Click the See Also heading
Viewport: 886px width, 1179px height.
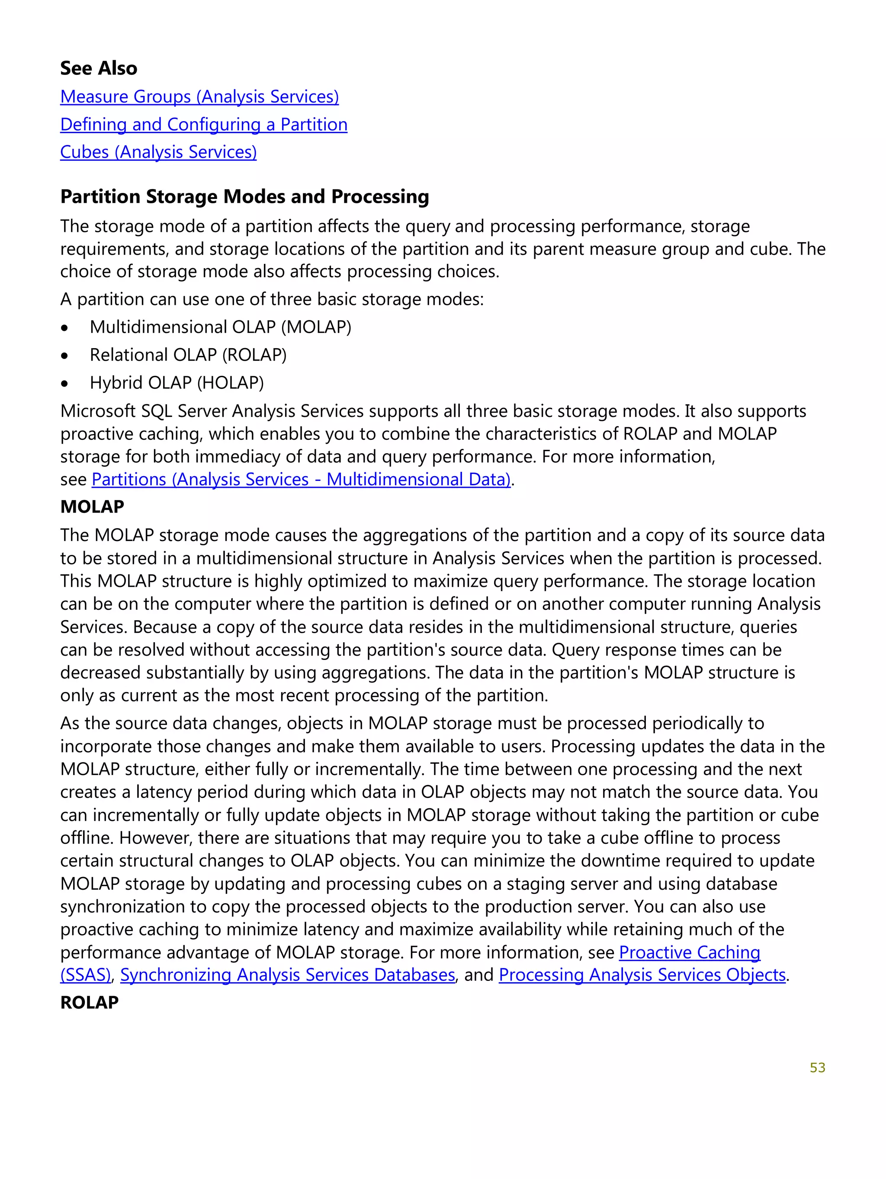click(99, 68)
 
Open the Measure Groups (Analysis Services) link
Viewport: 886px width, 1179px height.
click(199, 96)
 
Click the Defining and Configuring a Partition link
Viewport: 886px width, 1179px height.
click(204, 124)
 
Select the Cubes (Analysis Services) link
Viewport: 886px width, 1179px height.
click(158, 152)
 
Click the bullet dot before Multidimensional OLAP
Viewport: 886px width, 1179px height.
click(64, 328)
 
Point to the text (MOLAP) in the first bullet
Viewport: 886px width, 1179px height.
click(316, 327)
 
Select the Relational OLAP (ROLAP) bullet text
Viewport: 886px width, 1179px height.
click(188, 355)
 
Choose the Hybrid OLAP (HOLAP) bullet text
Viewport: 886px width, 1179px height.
click(177, 383)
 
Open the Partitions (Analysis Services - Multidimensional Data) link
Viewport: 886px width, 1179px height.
click(301, 479)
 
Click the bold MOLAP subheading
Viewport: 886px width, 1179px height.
click(92, 507)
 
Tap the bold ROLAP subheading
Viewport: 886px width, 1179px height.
click(89, 1003)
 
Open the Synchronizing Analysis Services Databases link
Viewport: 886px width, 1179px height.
click(287, 975)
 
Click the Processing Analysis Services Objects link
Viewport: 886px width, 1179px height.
click(642, 975)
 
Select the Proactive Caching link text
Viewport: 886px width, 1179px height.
click(689, 952)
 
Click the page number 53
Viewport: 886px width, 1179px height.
click(817, 1067)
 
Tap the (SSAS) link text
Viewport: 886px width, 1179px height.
click(85, 975)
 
